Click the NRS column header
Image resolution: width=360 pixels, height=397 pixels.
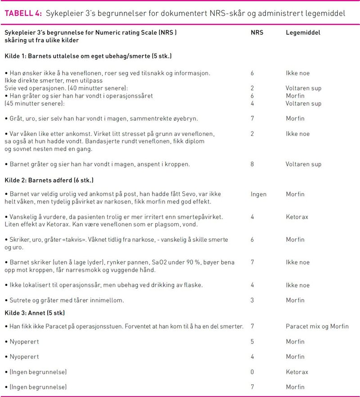pyautogui.click(x=257, y=33)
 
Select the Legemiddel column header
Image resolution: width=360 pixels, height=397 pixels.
pyautogui.click(x=303, y=33)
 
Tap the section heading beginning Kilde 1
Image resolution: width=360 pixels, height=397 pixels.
pyautogui.click(x=88, y=56)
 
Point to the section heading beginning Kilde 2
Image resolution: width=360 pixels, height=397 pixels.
pyautogui.click(x=49, y=180)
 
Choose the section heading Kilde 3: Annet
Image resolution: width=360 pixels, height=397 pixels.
pyautogui.click(x=34, y=312)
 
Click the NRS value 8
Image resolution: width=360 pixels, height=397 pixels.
pyautogui.click(x=252, y=164)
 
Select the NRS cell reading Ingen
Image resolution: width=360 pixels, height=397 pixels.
pyautogui.click(x=258, y=194)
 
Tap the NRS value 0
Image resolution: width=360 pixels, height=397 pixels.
pyautogui.click(x=252, y=372)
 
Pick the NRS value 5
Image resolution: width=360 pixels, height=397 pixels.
pyautogui.click(x=252, y=342)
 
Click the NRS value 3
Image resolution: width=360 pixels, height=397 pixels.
pyautogui.click(x=252, y=300)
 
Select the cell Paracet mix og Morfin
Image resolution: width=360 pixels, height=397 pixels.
pyautogui.click(x=317, y=326)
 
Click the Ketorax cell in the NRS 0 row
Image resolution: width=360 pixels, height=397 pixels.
pyautogui.click(x=297, y=372)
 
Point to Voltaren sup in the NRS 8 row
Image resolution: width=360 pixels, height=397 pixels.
pyautogui.click(x=303, y=164)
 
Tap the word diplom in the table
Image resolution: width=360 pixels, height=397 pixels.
pyautogui.click(x=195, y=141)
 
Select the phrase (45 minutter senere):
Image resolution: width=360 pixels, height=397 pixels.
pyautogui.click(x=35, y=104)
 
